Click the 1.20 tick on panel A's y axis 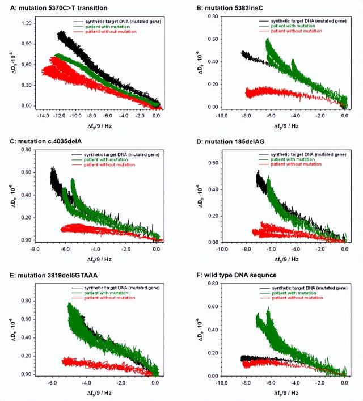[26, 24]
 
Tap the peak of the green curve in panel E [69, 304]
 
